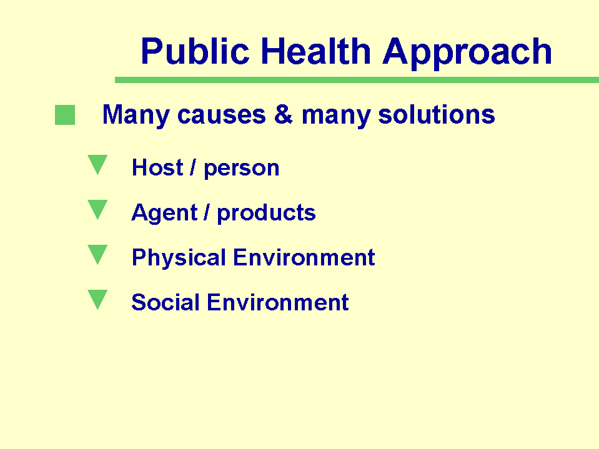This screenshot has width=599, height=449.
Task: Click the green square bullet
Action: (65, 115)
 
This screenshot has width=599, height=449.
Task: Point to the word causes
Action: (222, 115)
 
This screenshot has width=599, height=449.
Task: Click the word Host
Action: (157, 167)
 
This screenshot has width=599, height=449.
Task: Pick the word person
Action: (242, 169)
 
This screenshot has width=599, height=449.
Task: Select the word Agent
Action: (165, 213)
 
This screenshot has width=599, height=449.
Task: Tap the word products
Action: (266, 213)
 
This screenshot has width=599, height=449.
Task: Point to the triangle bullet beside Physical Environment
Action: (97, 255)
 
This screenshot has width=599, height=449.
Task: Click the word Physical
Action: (179, 258)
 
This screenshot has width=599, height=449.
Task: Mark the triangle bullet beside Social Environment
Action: (97, 300)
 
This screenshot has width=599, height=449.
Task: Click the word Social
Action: (166, 302)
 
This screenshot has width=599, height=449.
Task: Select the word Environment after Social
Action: (278, 302)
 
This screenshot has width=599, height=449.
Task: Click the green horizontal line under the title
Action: (357, 80)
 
